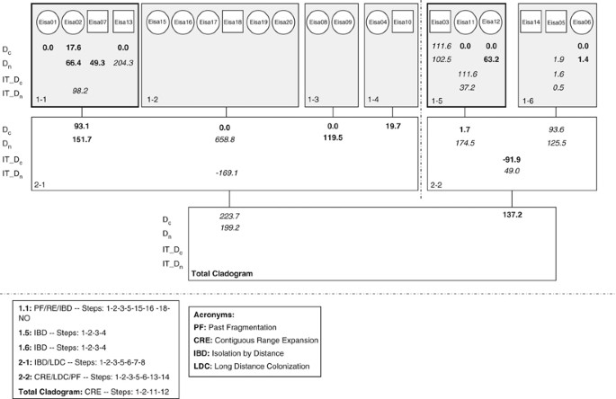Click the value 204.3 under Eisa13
pos(122,63)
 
